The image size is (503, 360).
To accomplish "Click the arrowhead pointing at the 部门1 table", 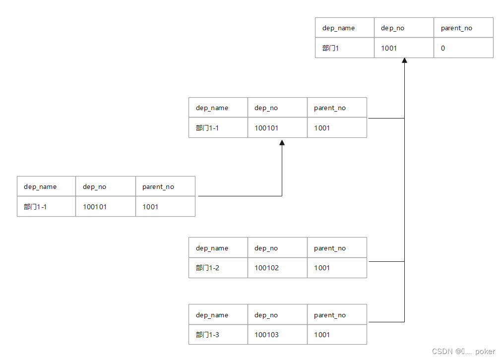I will click(404, 60).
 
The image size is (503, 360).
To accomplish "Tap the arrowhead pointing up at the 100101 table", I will click(282, 143).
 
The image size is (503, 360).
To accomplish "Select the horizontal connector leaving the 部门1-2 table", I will click(386, 261).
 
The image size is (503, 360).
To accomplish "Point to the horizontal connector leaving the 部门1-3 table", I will click(386, 322).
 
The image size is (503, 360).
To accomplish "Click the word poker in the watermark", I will click(485, 352).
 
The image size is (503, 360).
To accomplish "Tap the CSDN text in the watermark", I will click(442, 352).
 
